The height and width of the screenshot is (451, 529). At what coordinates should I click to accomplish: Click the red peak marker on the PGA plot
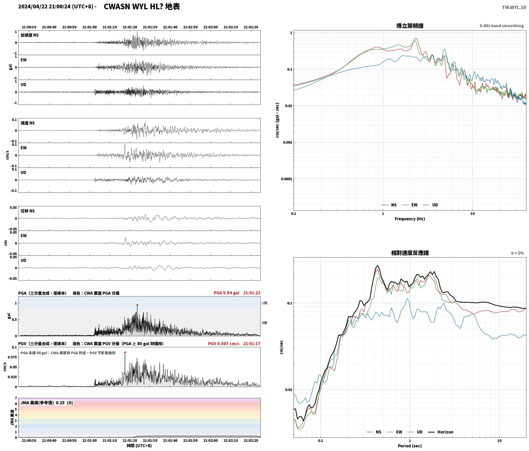click(x=137, y=305)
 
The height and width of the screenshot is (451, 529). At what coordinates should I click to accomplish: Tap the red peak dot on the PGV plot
click(x=125, y=352)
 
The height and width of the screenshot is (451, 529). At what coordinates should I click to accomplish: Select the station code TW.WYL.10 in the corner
click(x=514, y=7)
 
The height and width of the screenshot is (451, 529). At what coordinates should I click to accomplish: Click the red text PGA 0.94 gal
click(x=227, y=293)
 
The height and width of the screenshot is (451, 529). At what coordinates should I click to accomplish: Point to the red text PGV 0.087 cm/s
click(x=224, y=343)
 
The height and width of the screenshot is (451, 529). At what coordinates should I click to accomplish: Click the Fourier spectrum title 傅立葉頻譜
click(x=410, y=26)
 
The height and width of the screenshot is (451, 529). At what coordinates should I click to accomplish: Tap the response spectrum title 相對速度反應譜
click(x=410, y=253)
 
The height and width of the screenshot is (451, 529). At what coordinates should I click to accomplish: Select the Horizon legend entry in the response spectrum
click(x=441, y=432)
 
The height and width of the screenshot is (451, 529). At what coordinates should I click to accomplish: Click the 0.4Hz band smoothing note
click(x=502, y=26)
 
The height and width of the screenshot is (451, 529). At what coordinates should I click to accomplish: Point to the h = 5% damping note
click(x=517, y=253)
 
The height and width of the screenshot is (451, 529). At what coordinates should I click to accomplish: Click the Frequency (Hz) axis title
click(x=410, y=219)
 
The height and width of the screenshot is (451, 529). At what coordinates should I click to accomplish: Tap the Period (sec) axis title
click(x=410, y=446)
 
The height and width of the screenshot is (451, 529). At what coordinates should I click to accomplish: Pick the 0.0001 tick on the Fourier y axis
click(x=286, y=179)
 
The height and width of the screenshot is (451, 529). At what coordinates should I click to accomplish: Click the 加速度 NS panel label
click(x=30, y=35)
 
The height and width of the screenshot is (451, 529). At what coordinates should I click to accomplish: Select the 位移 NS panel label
click(x=27, y=211)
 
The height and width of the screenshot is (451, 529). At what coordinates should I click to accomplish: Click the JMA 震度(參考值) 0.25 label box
click(x=47, y=403)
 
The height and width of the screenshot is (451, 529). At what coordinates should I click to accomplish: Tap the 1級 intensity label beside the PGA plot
click(x=264, y=303)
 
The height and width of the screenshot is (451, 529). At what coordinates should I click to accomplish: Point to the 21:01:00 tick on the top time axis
click(x=90, y=27)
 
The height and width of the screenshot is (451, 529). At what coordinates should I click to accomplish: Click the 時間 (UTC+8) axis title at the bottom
click(x=139, y=446)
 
